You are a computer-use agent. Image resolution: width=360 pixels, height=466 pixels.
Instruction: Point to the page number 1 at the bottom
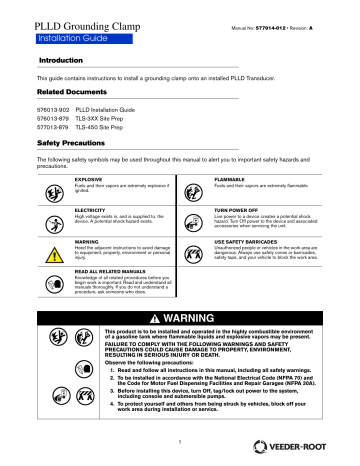[180, 441]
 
